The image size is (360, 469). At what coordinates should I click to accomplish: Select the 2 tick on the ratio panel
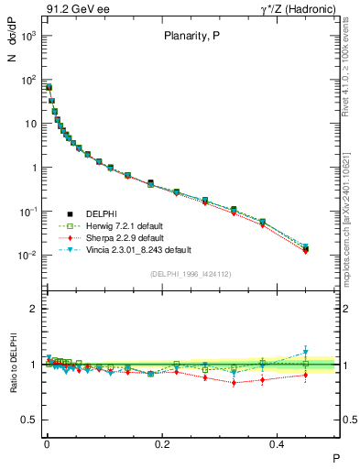[x=33, y=310]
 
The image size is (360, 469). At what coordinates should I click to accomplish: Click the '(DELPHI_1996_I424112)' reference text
[x=190, y=274]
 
